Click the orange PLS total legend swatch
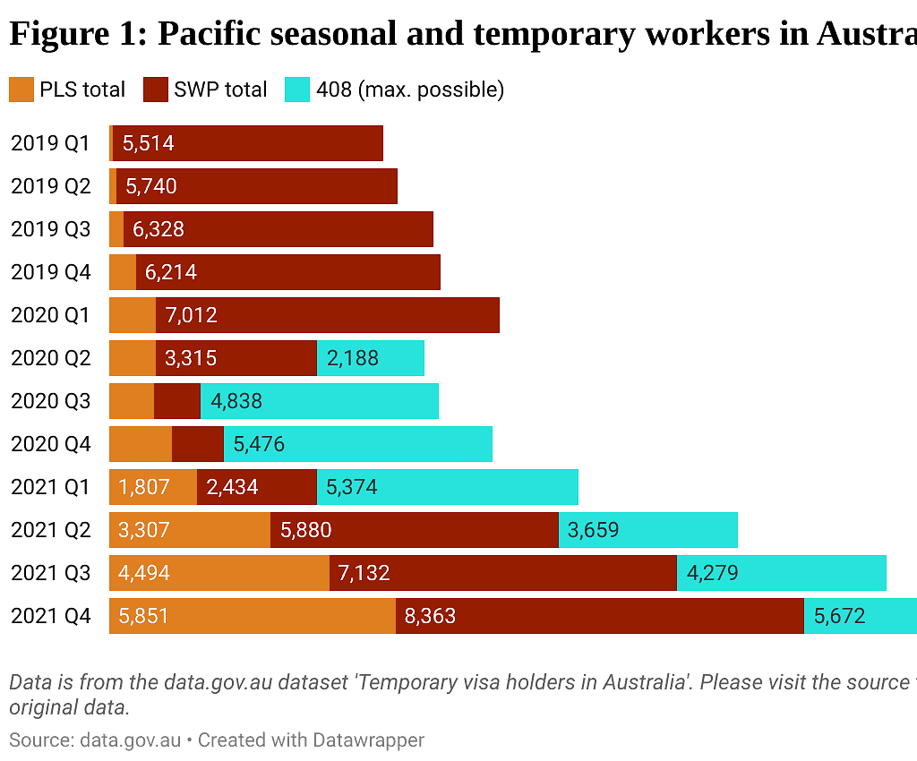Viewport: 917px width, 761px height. pyautogui.click(x=21, y=90)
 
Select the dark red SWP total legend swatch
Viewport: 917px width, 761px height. pyautogui.click(x=156, y=90)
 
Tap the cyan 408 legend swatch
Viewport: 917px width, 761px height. pyautogui.click(x=297, y=90)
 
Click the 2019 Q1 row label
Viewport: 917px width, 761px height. pyautogui.click(x=51, y=143)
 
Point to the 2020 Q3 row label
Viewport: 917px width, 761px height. pyautogui.click(x=51, y=401)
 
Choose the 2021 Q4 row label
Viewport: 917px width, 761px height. pyautogui.click(x=51, y=616)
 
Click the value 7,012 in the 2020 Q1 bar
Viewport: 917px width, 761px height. pyautogui.click(x=191, y=315)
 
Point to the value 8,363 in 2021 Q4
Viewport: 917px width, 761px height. pyautogui.click(x=430, y=616)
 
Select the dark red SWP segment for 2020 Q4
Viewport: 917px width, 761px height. pyautogui.click(x=197, y=444)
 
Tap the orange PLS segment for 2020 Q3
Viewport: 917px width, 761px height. pyautogui.click(x=131, y=401)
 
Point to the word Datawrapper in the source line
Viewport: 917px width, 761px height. pyautogui.click(x=368, y=740)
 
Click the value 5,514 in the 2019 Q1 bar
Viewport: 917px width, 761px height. pyautogui.click(x=148, y=143)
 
